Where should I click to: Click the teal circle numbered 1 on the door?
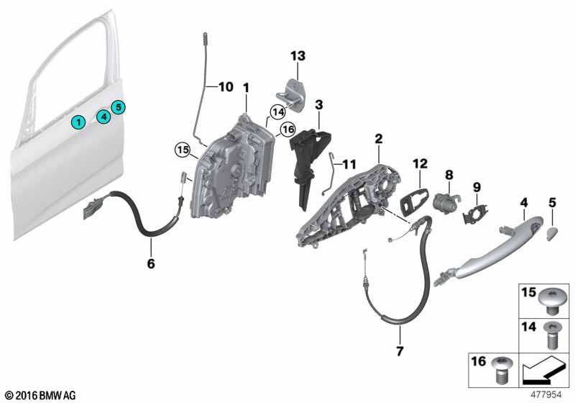pyautogui.click(x=76, y=123)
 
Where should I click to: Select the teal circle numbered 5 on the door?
pyautogui.click(x=119, y=107)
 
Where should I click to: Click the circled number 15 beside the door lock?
pyautogui.click(x=183, y=150)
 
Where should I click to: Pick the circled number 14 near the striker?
pyautogui.click(x=277, y=112)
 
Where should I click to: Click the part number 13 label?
pyautogui.click(x=298, y=55)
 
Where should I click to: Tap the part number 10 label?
pyautogui.click(x=226, y=87)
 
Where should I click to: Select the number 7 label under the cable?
pyautogui.click(x=400, y=353)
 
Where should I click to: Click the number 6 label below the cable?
pyautogui.click(x=151, y=264)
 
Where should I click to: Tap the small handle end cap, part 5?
pyautogui.click(x=551, y=232)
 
